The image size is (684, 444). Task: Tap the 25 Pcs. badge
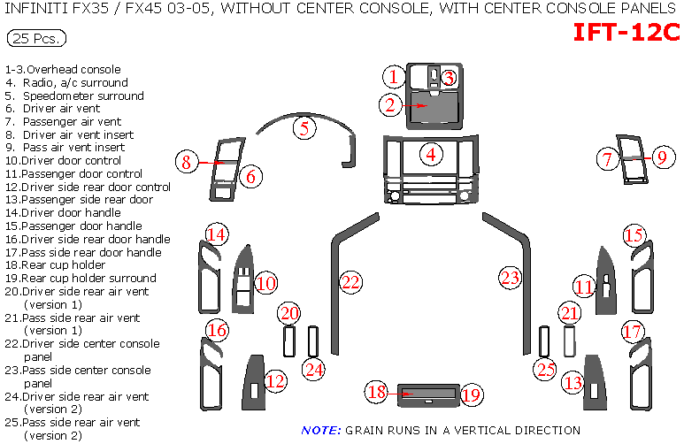[35, 39]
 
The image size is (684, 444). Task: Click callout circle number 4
[431, 154]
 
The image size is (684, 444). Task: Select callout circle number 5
[304, 127]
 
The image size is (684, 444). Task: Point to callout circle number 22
[351, 283]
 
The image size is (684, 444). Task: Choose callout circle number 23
[510, 277]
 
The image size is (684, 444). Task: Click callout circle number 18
[377, 392]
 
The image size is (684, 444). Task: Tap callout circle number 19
[471, 394]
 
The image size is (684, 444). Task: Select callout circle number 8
[186, 162]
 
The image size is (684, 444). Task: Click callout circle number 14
[217, 234]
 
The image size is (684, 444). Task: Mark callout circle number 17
[631, 332]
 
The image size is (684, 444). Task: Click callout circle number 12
[276, 381]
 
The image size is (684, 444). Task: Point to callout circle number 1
[393, 77]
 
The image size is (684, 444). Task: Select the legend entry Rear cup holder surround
[80, 278]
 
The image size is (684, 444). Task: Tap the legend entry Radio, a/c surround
[75, 82]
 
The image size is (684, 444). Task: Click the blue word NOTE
[320, 431]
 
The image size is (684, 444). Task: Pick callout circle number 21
[570, 313]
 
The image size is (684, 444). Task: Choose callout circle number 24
[313, 369]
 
